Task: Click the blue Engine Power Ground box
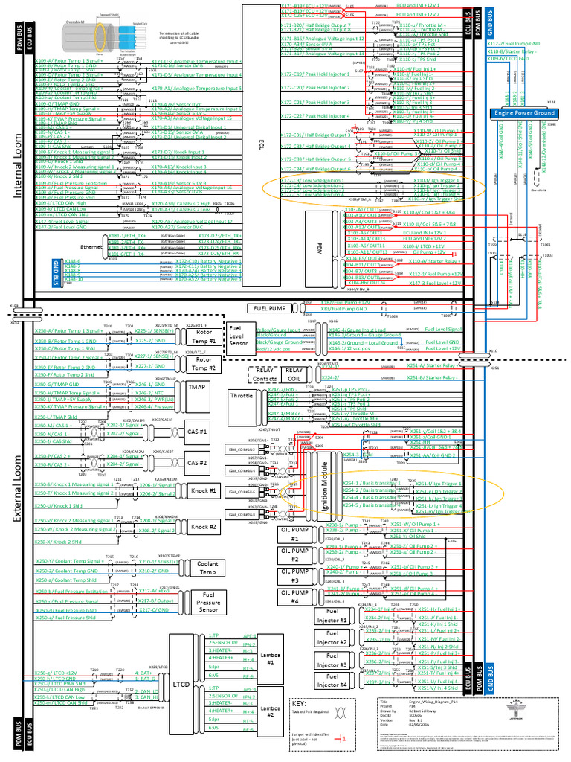coord(523,113)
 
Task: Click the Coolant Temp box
coord(207,568)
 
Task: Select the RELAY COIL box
coord(294,374)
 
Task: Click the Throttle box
coord(242,395)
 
